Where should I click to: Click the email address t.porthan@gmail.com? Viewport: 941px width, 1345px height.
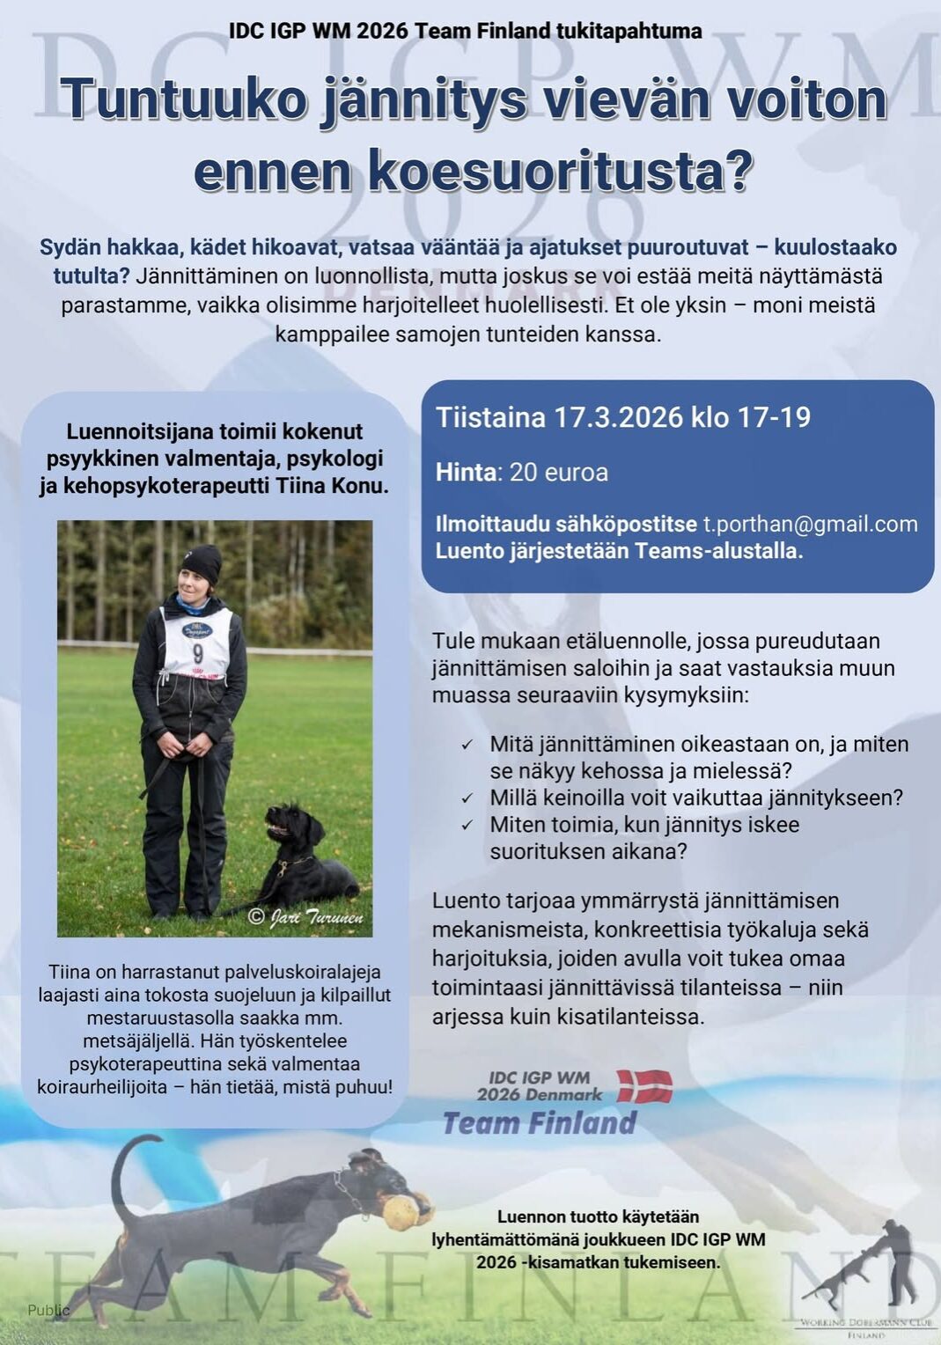(810, 524)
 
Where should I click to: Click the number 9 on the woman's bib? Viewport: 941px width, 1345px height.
(197, 652)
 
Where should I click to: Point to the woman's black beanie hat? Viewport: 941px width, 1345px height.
(202, 562)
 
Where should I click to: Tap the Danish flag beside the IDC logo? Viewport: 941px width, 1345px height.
(644, 1086)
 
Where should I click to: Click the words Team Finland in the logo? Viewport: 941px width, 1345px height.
(540, 1123)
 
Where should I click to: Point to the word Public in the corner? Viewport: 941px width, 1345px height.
(48, 1310)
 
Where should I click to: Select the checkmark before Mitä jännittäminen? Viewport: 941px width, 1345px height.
(467, 746)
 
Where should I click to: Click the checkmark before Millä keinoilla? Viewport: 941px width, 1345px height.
(467, 799)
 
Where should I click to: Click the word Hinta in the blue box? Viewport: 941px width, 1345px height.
(466, 473)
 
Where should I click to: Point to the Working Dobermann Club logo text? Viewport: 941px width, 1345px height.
(867, 1323)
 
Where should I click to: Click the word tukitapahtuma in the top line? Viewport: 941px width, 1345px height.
(628, 31)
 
